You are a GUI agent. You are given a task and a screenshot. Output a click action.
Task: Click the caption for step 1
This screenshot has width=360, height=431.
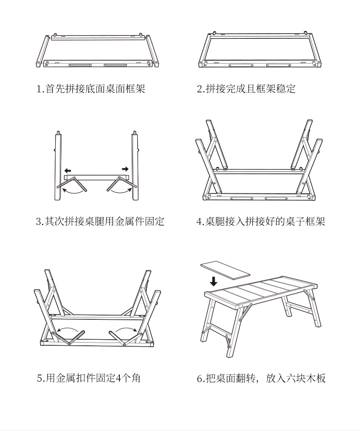point(91,88)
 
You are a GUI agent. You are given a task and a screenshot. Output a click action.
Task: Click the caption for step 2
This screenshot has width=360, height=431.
point(246,88)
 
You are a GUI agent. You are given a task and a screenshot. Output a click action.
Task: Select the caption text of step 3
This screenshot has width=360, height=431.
point(100,222)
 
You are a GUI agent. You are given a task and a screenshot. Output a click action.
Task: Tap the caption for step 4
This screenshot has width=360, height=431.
point(261,222)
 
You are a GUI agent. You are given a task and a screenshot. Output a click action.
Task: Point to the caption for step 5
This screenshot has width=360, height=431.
point(88,378)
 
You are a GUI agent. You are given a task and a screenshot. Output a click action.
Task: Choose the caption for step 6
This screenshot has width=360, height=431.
point(261,378)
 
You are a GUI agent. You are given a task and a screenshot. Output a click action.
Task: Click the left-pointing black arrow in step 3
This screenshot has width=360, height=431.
point(67,170)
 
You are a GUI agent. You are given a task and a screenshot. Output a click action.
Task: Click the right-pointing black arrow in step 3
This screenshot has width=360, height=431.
point(125,169)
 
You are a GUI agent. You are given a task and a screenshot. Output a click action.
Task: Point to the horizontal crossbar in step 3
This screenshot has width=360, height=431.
point(97,177)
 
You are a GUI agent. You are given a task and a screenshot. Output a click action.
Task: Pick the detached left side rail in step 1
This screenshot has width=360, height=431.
point(42,51)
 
